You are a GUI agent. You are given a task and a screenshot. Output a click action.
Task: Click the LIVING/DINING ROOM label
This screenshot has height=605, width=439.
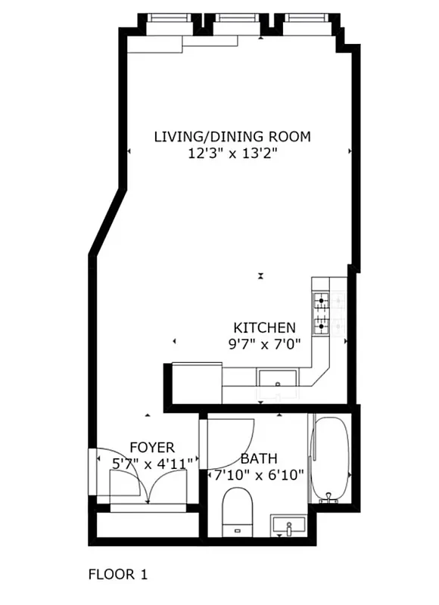click(x=232, y=137)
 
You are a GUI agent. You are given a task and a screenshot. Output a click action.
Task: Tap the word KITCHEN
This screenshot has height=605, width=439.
click(x=263, y=327)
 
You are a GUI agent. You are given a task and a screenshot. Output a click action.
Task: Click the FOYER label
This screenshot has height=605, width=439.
click(x=151, y=448)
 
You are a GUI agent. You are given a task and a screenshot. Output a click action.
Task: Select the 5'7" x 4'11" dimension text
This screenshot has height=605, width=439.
click(x=151, y=463)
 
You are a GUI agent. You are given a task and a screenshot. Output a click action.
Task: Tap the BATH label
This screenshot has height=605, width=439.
click(x=258, y=458)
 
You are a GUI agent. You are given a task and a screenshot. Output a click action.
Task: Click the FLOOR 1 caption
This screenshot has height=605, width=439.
click(x=118, y=574)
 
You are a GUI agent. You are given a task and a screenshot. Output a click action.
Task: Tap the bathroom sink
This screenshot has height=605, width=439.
click(x=289, y=524)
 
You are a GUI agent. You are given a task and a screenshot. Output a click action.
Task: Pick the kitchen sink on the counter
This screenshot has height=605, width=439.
click(x=278, y=377)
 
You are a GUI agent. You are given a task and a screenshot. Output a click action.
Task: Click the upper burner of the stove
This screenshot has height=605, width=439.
click(x=322, y=301)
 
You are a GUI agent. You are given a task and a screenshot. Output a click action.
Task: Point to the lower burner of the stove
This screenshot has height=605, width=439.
click(x=322, y=327)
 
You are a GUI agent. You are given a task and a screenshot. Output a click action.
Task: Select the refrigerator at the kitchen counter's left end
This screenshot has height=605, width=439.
click(x=197, y=383)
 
